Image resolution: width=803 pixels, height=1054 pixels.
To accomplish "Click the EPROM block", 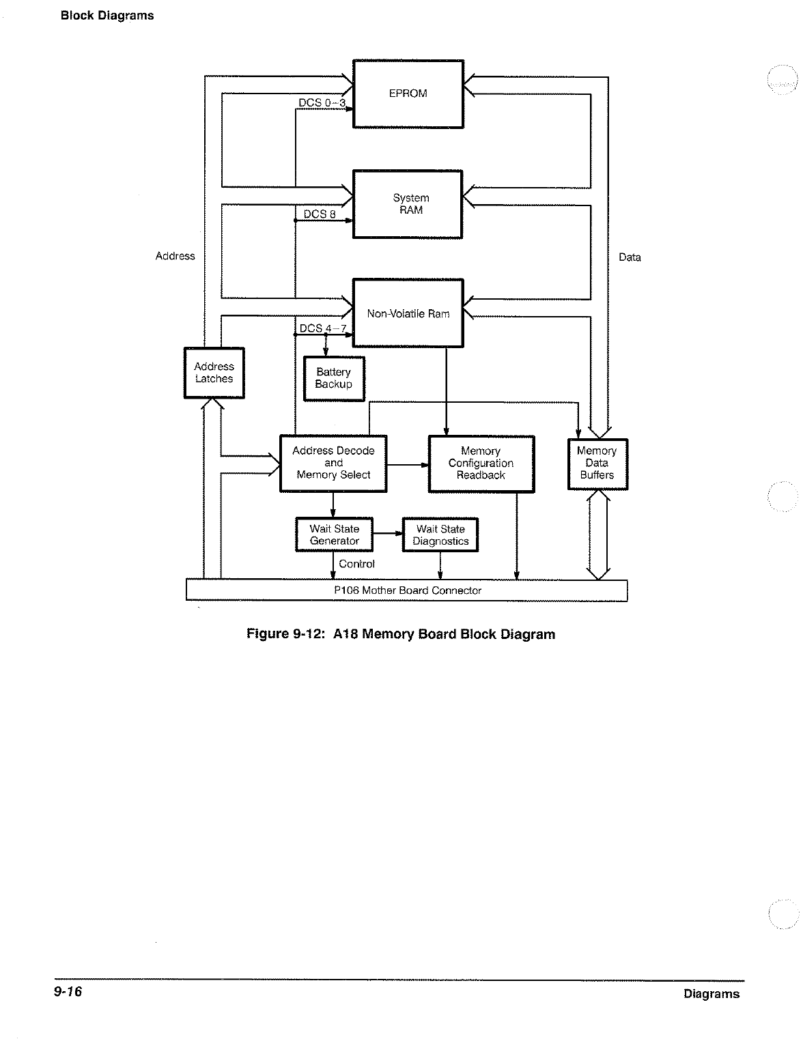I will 408,94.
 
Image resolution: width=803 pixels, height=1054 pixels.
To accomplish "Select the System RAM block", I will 408,204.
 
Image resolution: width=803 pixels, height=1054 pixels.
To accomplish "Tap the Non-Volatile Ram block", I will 408,313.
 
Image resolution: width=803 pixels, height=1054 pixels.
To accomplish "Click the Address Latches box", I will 214,373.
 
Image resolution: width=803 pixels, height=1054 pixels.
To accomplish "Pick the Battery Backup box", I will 333,378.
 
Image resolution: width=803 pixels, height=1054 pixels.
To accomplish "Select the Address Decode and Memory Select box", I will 333,463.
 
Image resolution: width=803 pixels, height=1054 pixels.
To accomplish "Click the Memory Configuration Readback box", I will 481,464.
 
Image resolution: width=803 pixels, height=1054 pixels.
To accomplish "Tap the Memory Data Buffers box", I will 597,464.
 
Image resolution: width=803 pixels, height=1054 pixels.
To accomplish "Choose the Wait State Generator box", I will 334,535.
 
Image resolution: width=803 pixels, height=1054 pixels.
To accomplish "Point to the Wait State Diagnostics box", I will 440,535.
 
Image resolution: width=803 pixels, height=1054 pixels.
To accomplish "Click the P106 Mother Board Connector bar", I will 407,590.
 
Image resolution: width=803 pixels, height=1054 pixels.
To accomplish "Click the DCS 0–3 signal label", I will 322,103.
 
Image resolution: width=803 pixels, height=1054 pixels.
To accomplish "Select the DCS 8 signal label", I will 320,214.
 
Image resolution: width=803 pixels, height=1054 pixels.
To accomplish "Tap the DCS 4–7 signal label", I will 323,328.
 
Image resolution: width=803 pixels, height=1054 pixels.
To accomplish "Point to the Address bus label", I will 175,256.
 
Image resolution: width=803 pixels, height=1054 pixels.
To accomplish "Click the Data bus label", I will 630,257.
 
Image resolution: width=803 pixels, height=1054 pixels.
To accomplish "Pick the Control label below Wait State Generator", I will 356,564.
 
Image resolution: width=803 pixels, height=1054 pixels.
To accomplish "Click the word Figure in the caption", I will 268,634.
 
